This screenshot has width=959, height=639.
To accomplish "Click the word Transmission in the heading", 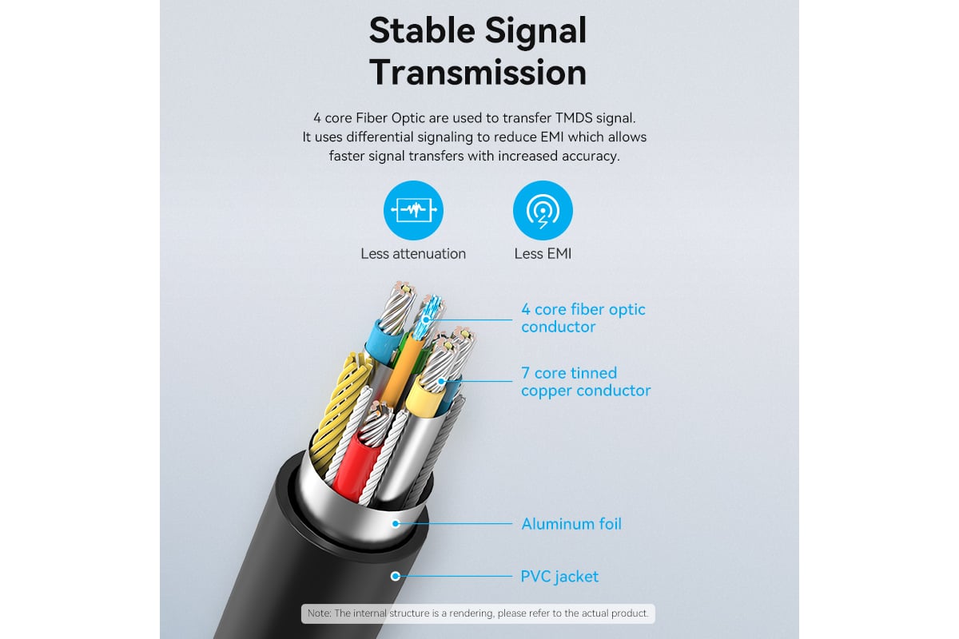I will (478, 72).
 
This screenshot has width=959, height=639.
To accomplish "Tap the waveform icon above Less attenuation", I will (413, 211).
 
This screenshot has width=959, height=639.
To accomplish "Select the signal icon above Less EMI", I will (543, 211).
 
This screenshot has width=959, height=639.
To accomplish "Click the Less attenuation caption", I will (413, 254).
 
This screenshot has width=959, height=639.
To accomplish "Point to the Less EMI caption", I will (543, 254).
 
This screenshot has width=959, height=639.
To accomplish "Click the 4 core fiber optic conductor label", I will (583, 319).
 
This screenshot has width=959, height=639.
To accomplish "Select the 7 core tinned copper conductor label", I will (585, 382).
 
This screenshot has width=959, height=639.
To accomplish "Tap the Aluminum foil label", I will (571, 524).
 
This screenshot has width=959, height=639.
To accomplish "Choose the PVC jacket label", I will (559, 576).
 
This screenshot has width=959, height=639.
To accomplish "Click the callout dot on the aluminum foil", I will (395, 524).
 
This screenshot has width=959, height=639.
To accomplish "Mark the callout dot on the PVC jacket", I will (395, 576).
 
